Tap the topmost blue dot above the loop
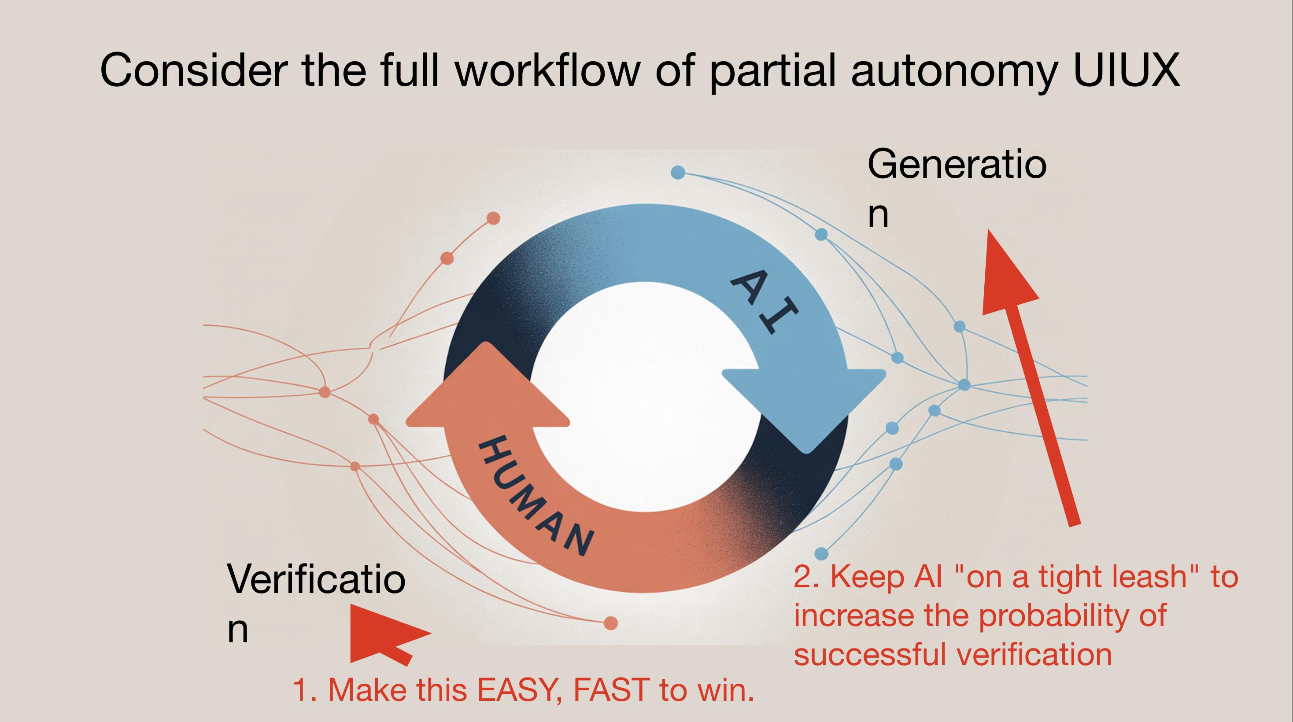tap(678, 173)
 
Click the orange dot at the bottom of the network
tap(610, 623)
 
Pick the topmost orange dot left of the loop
tap(493, 218)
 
